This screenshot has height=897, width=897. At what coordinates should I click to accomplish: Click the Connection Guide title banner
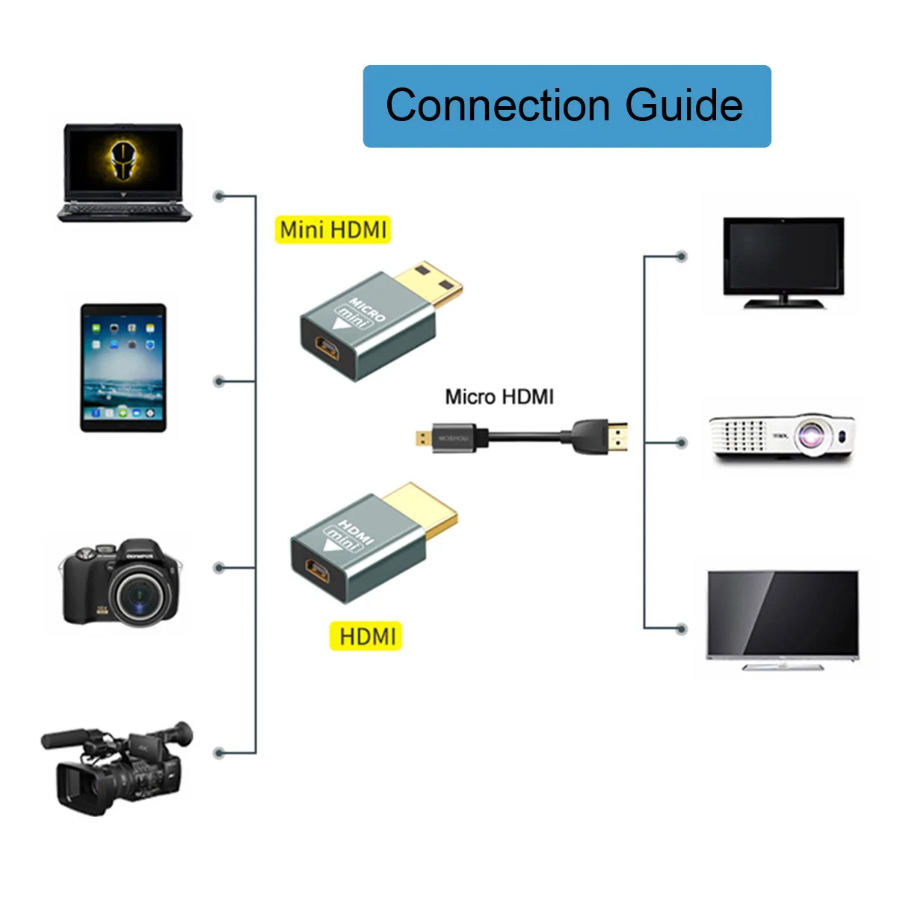567,106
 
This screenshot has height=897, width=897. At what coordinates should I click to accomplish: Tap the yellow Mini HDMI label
333,229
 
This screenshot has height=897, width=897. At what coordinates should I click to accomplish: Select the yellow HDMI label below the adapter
366,637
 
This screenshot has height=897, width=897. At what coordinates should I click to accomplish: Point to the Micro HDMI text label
499,397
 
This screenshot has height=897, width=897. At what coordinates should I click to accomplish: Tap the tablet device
123,368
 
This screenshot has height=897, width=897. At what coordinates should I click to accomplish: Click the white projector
782,437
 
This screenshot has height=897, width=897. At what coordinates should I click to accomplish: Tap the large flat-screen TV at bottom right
783,617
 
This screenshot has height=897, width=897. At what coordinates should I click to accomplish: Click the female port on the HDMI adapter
318,575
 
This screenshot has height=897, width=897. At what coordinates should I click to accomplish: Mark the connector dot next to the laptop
219,196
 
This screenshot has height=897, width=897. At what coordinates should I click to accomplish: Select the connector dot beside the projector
681,443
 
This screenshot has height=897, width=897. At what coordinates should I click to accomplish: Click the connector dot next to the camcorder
219,753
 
